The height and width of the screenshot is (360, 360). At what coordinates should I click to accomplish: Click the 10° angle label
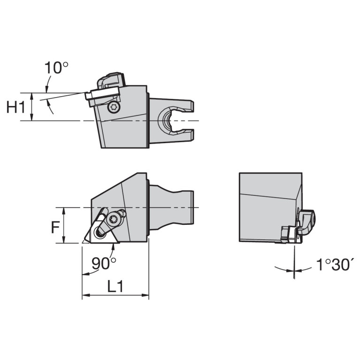[56, 68]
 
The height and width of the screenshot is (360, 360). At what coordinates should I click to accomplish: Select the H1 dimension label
[15, 107]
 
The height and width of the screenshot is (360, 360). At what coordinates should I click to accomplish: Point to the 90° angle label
[104, 263]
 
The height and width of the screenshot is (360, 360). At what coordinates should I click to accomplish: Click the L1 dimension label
[115, 286]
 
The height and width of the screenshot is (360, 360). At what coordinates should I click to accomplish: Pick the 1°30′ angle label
[334, 265]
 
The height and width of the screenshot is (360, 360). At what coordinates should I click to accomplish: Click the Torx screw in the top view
[113, 107]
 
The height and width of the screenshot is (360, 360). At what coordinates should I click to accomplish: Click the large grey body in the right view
[268, 207]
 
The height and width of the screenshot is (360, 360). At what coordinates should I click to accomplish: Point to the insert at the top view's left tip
[89, 96]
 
